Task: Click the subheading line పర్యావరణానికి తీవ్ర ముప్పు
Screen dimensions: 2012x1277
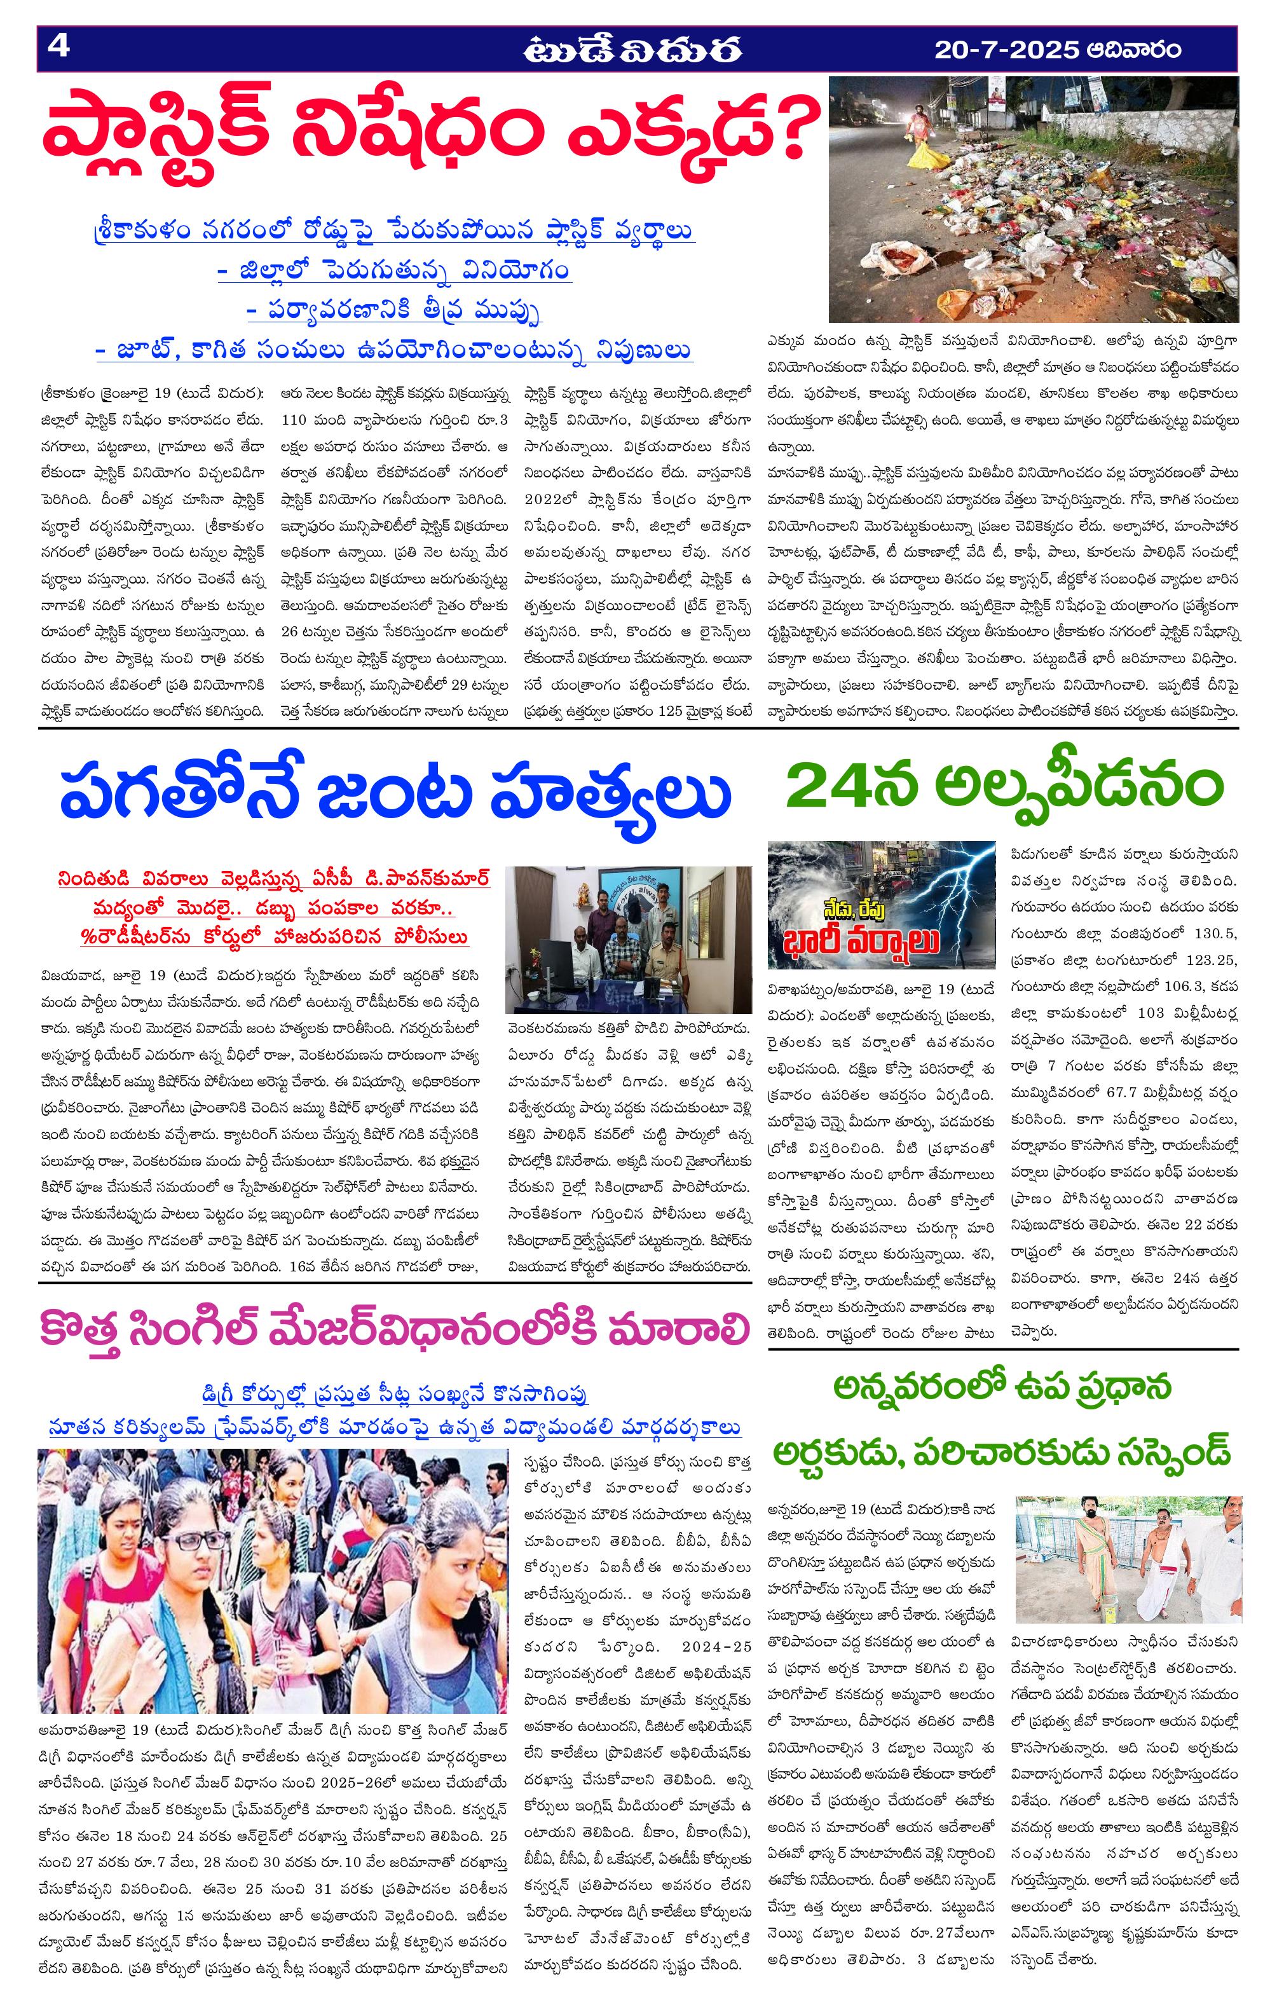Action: coord(395,311)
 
